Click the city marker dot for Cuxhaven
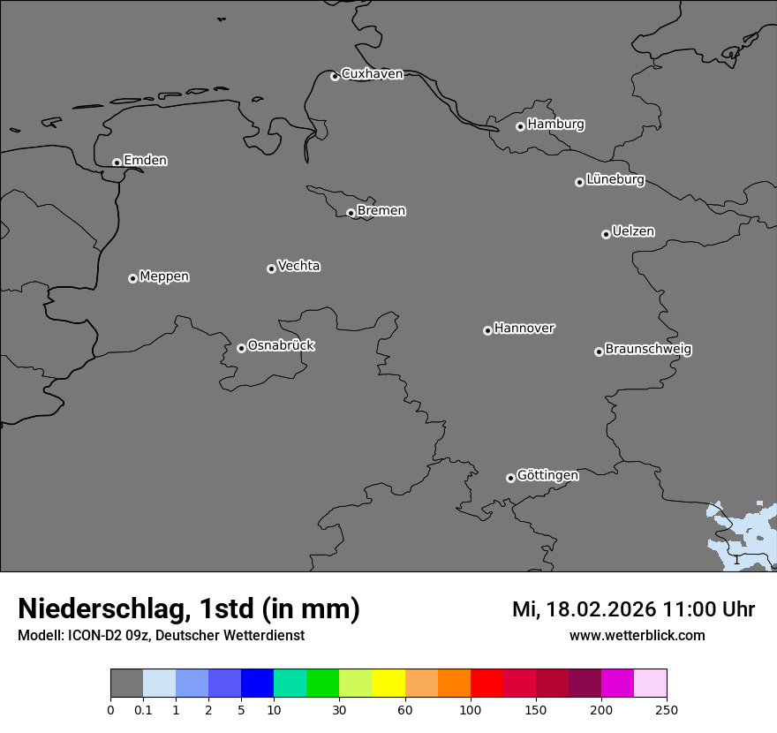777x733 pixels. [335, 76]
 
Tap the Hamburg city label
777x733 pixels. [555, 125]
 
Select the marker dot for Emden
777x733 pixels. [117, 162]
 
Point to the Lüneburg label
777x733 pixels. [615, 180]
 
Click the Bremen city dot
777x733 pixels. [351, 213]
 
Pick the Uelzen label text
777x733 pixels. [633, 231]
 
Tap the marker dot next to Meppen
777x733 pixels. [132, 278]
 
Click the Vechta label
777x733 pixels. [298, 266]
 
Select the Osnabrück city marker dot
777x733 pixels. [241, 348]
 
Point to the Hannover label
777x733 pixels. [524, 329]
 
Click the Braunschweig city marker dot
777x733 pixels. [599, 351]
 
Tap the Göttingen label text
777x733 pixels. [547, 475]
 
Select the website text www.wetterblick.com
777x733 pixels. [637, 636]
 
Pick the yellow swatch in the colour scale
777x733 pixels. [388, 684]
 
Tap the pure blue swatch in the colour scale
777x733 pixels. [257, 684]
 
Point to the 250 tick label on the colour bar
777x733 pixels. [667, 710]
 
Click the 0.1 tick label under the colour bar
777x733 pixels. [143, 710]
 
